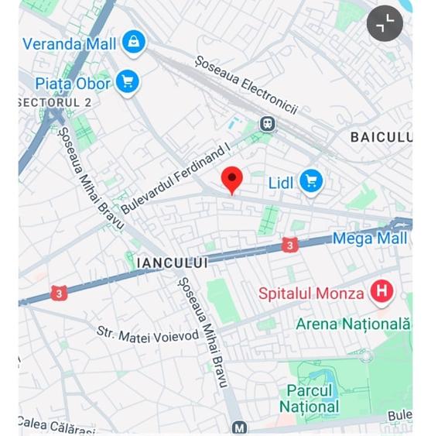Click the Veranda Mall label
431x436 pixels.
click(70, 43)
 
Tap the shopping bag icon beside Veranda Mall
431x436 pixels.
click(135, 41)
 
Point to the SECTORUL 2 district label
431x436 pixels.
click(55, 102)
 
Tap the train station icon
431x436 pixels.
click(268, 124)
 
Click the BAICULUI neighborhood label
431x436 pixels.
click(381, 137)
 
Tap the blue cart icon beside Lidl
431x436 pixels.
click(311, 182)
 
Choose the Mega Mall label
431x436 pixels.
click(370, 239)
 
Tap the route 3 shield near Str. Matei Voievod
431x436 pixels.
click(60, 293)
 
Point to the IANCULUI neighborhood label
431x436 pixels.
click(172, 263)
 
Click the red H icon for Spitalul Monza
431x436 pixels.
click(380, 292)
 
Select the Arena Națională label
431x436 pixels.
click(353, 324)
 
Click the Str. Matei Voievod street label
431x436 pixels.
click(148, 334)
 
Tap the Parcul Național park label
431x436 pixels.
click(309, 398)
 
